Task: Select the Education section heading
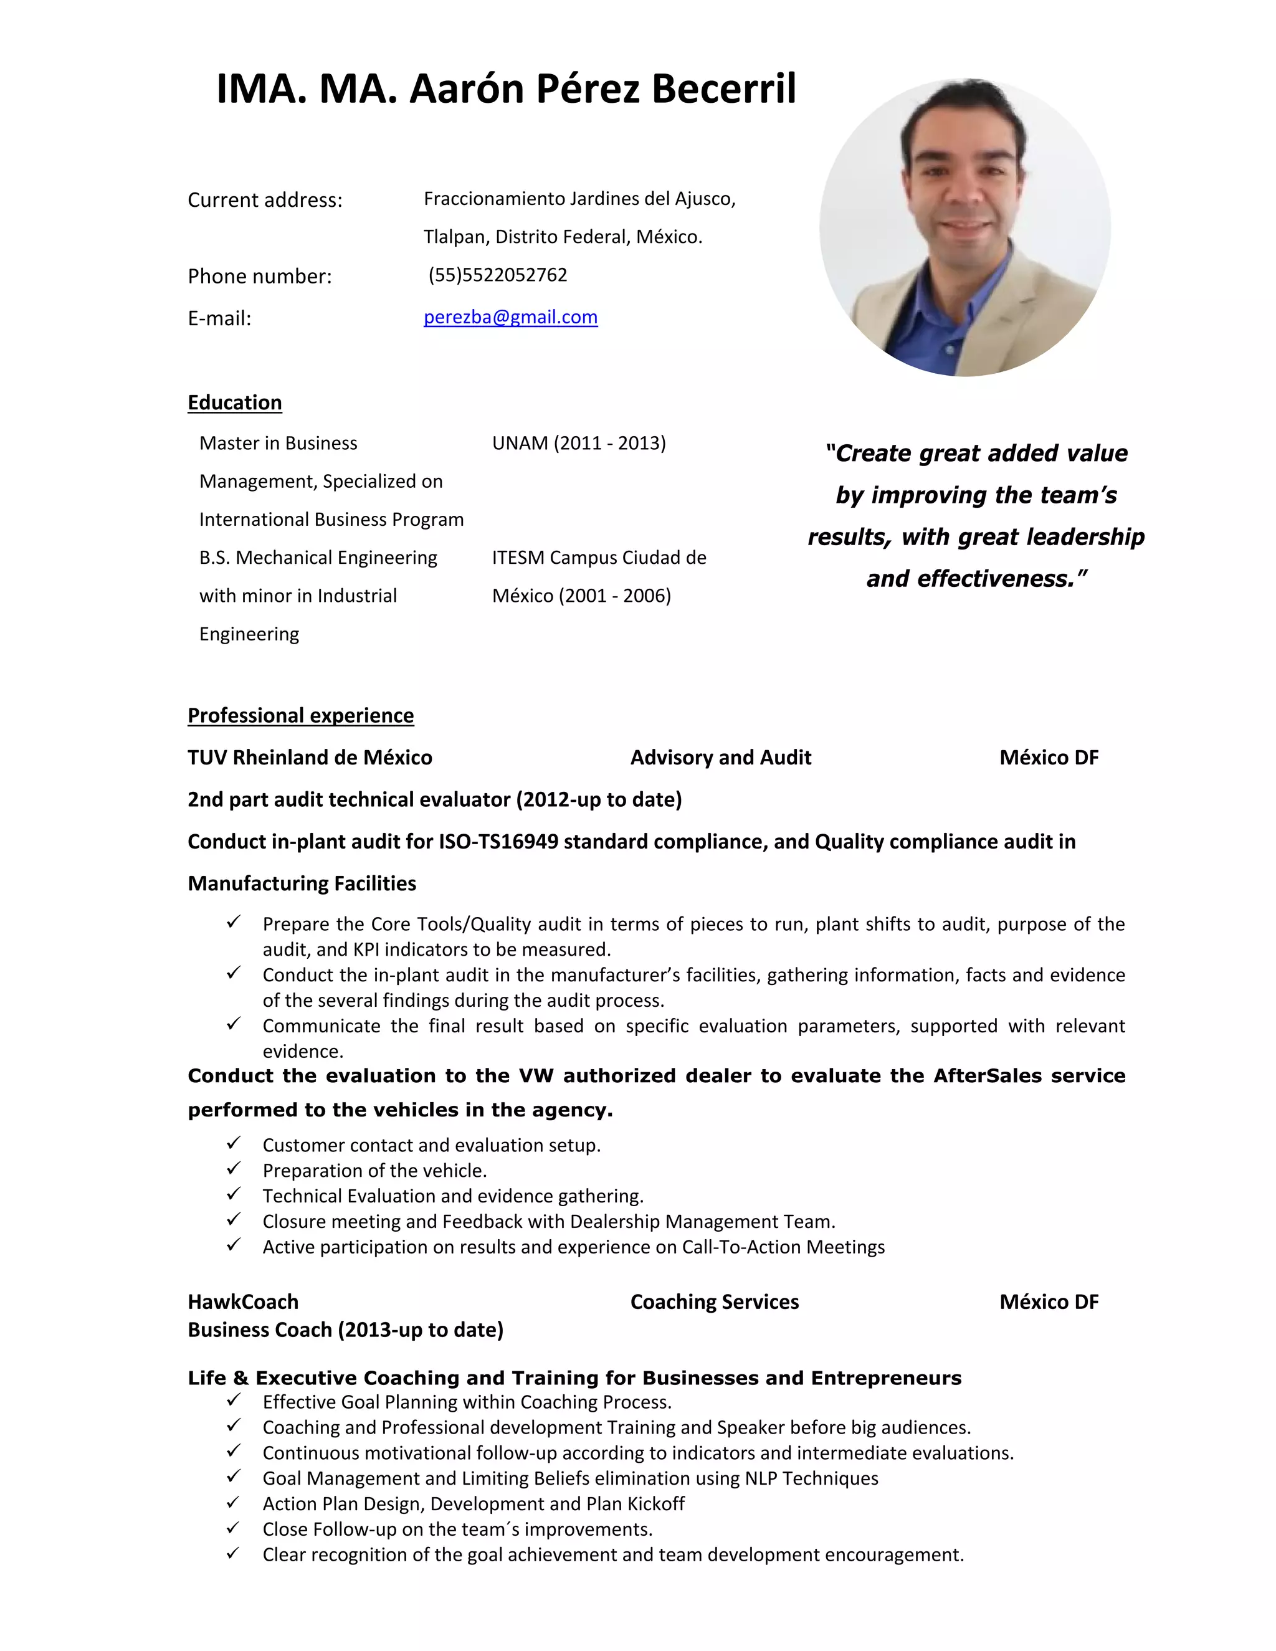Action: point(234,402)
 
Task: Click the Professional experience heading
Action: point(300,715)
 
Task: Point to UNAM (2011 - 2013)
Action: point(578,443)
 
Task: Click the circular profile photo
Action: point(964,227)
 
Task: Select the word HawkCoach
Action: point(242,1301)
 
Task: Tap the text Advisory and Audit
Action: point(720,758)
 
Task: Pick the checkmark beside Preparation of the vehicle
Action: point(234,1169)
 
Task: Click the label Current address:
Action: point(265,201)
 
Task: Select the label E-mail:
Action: point(219,318)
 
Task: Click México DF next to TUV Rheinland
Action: point(1049,758)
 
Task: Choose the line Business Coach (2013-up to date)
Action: point(345,1330)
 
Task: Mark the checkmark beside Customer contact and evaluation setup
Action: point(234,1143)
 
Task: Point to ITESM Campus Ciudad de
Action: point(599,558)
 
